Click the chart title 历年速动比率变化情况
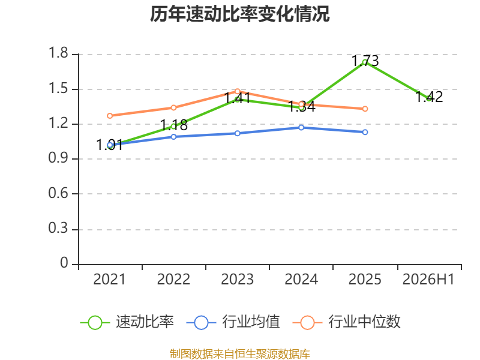[x=239, y=14]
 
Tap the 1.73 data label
[x=365, y=61]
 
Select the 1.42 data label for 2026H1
[x=429, y=97]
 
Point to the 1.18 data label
[x=173, y=125]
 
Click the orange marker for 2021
[x=110, y=116]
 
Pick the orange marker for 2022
[x=173, y=107]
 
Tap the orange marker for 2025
[x=365, y=109]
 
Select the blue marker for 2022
[x=173, y=137]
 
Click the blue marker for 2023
[x=237, y=133]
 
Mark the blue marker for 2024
[x=301, y=127]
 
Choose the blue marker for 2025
[x=365, y=132]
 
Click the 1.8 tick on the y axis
[x=58, y=53]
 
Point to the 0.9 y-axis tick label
[x=58, y=158]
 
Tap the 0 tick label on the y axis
[x=64, y=263]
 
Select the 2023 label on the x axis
[x=237, y=280]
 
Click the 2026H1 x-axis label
[x=428, y=280]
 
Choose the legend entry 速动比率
[x=127, y=322]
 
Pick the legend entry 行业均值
[x=233, y=322]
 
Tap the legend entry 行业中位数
[x=346, y=322]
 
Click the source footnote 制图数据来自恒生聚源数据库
[x=239, y=353]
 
